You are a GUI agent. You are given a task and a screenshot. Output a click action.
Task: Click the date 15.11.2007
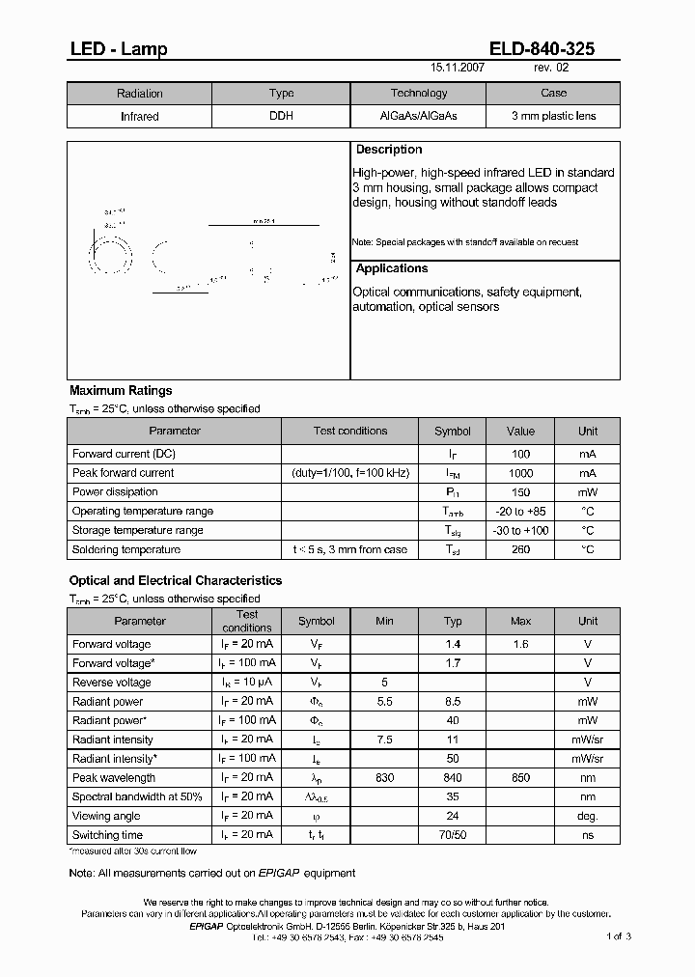[458, 70]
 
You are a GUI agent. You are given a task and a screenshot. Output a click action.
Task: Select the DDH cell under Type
[281, 116]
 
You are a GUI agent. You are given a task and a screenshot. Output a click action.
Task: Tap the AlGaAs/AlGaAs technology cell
[418, 116]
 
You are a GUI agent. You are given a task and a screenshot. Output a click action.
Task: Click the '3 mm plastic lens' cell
[553, 116]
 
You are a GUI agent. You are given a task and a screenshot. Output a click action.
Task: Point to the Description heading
[389, 150]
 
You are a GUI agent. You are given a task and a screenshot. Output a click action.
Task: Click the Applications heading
[392, 268]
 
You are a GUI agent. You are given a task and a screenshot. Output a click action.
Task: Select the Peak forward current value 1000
[520, 473]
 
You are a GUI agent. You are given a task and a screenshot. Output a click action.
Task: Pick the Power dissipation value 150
[520, 492]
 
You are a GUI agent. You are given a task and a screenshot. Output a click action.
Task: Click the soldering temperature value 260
[520, 550]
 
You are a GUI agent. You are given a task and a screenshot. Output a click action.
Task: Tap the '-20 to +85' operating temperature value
[520, 512]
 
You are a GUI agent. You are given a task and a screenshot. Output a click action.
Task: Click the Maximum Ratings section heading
[121, 391]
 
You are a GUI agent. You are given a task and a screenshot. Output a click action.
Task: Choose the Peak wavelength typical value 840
[453, 778]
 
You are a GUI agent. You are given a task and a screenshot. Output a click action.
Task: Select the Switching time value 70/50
[453, 835]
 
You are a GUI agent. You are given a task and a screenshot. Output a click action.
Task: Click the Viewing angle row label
[105, 817]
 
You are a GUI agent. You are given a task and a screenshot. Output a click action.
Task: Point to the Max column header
[520, 621]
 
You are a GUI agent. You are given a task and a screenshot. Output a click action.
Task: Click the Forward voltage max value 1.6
[520, 644]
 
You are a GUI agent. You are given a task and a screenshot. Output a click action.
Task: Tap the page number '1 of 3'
[618, 935]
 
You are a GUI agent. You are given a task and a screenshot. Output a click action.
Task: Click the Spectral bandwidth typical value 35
[453, 797]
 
